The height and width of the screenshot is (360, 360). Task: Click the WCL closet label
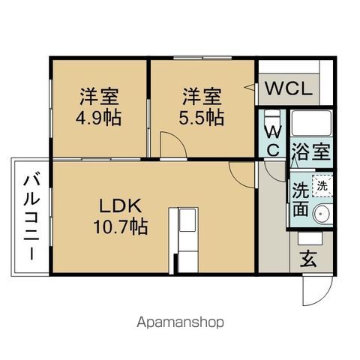tap(286, 89)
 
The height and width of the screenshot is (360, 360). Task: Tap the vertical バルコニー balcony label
tap(31, 217)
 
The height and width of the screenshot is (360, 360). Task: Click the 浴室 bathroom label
tap(312, 150)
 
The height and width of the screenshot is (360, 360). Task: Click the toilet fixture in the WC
tap(271, 121)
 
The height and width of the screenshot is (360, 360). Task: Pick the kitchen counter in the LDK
tap(184, 238)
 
